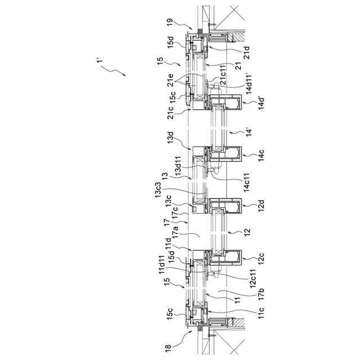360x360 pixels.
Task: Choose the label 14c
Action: click(x=261, y=155)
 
